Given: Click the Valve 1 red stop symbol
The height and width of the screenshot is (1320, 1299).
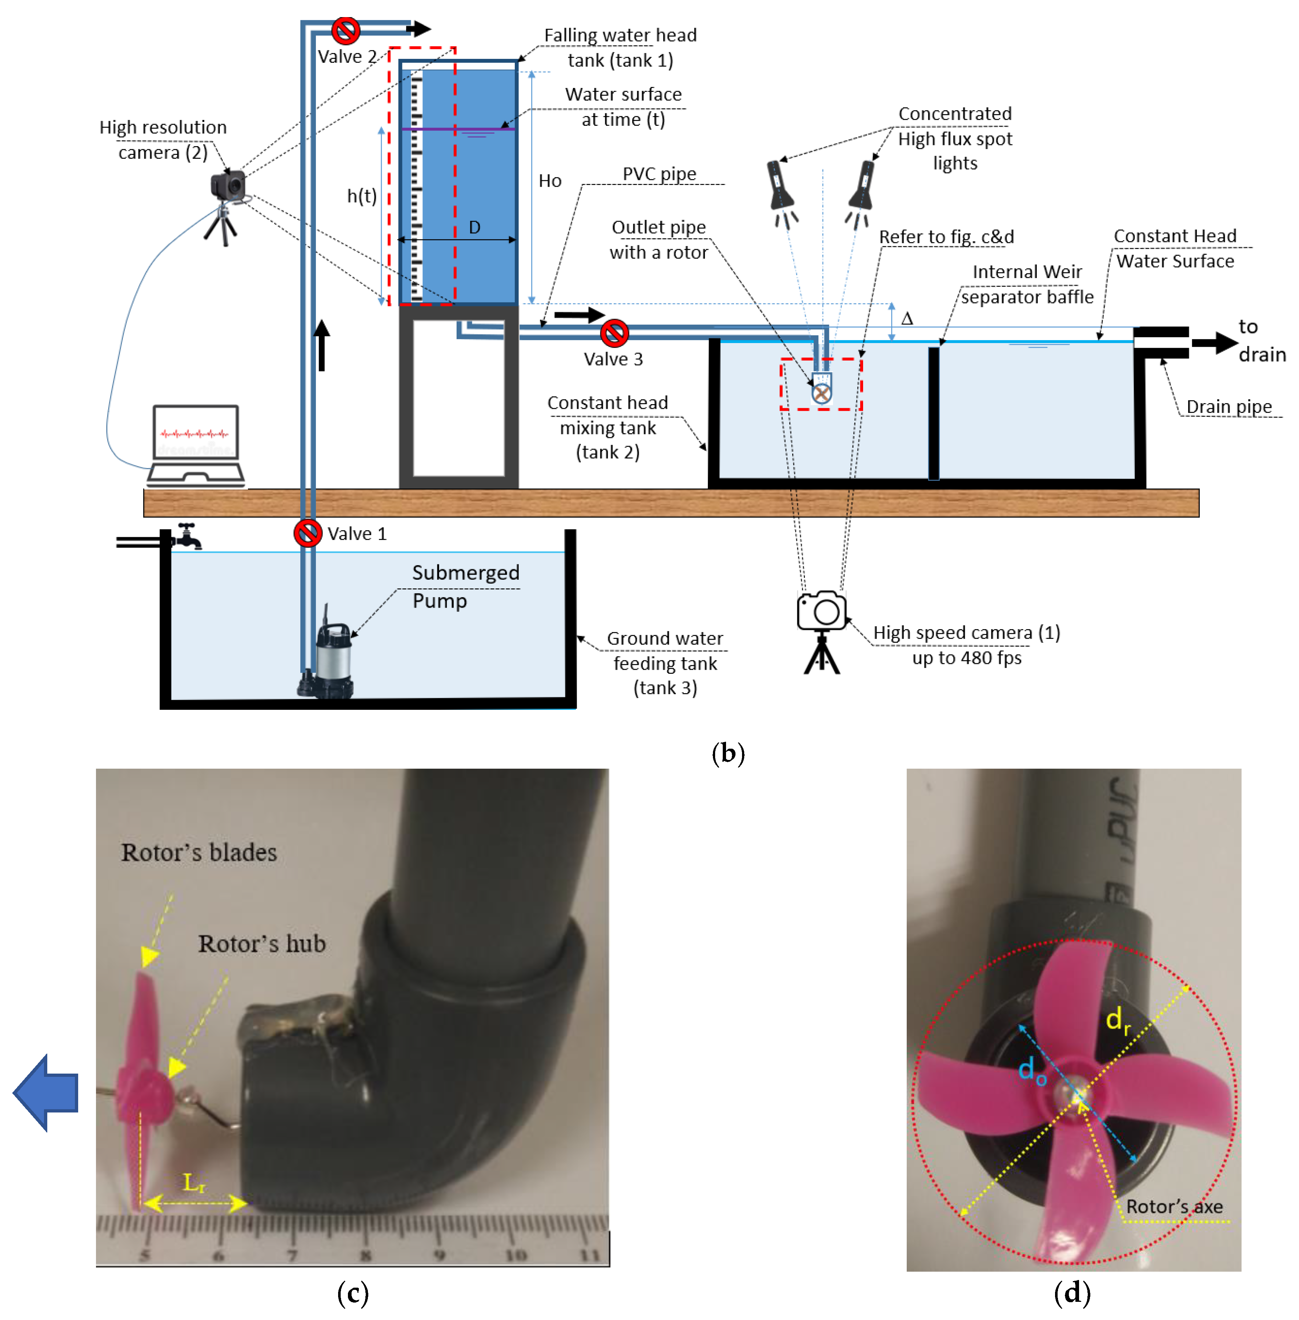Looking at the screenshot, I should coord(308,533).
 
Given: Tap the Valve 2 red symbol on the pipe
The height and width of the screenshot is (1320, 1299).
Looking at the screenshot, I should coord(346,31).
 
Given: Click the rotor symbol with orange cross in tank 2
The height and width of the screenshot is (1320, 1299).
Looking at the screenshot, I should coord(821,393).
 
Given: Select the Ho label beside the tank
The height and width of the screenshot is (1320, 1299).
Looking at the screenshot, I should coord(550,181).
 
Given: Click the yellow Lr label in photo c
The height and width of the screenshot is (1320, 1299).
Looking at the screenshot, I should coord(195,1182).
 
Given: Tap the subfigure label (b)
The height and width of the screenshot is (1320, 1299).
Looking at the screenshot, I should coord(728,753).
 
